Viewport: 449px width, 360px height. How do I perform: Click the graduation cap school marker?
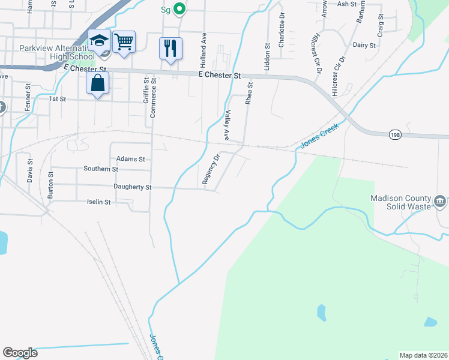pyautogui.click(x=99, y=41)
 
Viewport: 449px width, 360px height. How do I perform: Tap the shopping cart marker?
pyautogui.click(x=123, y=42)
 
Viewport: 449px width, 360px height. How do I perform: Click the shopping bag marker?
pyautogui.click(x=97, y=83)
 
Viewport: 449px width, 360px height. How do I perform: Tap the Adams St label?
pyautogui.click(x=131, y=159)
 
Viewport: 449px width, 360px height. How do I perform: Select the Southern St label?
pyautogui.click(x=101, y=169)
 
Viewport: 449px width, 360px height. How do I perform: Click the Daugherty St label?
pyautogui.click(x=133, y=187)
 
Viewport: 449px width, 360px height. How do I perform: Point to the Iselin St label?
pyautogui.click(x=99, y=202)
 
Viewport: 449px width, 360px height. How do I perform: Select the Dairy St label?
pyautogui.click(x=364, y=45)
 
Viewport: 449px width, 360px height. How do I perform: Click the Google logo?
pyautogui.click(x=20, y=353)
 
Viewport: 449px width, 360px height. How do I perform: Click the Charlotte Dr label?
pyautogui.click(x=280, y=35)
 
